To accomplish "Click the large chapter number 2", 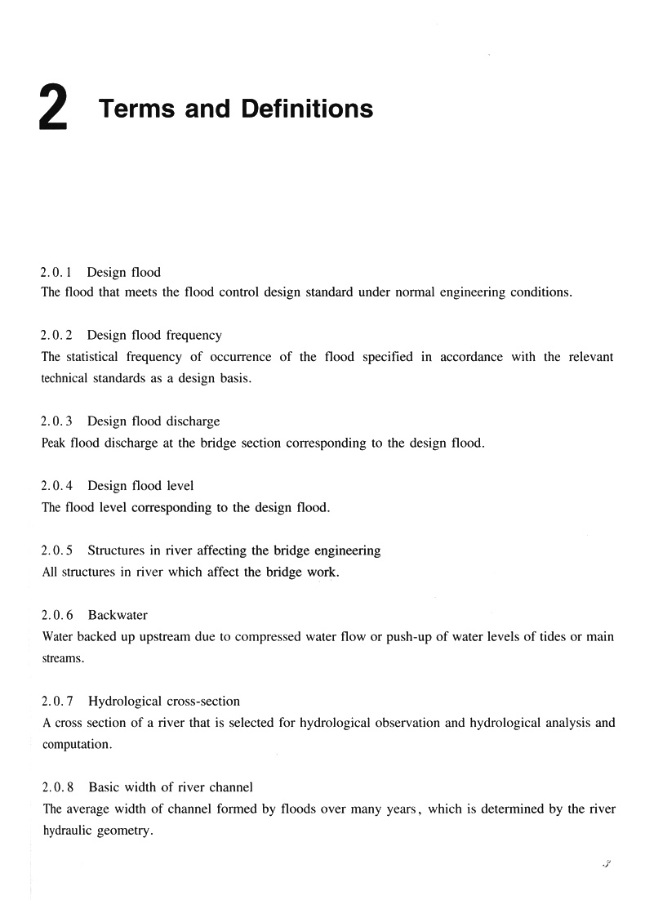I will click(x=52, y=111).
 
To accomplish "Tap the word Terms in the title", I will click(x=137, y=109).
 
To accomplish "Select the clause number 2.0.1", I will click(x=56, y=272).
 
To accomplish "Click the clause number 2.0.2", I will click(x=56, y=335).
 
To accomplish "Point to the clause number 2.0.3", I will click(x=56, y=421).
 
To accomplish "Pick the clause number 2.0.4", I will click(x=56, y=486).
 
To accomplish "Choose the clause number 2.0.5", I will click(x=56, y=550).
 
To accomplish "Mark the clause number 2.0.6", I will click(x=56, y=615).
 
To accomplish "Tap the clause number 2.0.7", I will click(x=56, y=701).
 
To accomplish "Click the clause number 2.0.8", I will click(x=57, y=787).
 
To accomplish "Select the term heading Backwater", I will click(x=118, y=615).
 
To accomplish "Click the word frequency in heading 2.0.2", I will click(x=193, y=336).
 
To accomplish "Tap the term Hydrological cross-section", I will click(x=164, y=701).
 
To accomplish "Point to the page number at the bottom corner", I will click(x=606, y=864).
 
